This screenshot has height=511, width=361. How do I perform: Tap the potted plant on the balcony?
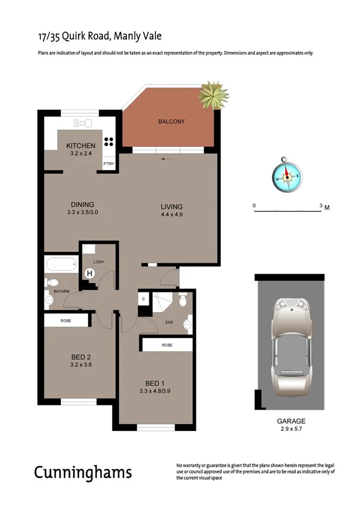pos(213,93)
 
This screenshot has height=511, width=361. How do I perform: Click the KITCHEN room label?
pos(80,146)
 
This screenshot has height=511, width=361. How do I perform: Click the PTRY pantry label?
pos(109,163)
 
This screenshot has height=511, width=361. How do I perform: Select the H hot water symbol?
pos(90,273)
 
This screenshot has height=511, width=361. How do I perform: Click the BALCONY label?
pos(171,122)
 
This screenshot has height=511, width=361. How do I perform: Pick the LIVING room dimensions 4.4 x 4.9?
pos(171,215)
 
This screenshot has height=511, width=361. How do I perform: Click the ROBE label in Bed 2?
pos(66,321)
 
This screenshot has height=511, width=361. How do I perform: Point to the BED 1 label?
pos(154,383)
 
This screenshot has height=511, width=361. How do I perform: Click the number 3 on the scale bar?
pos(320,205)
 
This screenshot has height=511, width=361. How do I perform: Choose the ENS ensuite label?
pos(169,322)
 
